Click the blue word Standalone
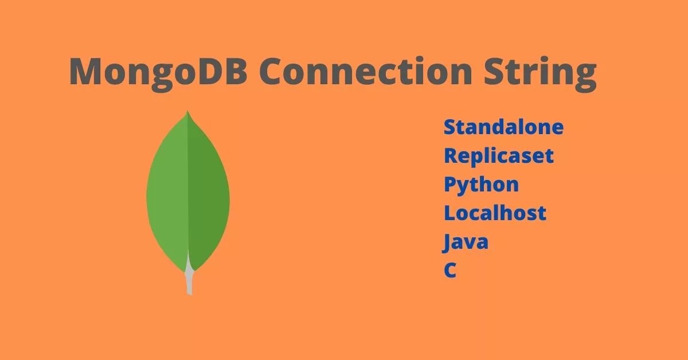[503, 127]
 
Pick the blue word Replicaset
[499, 155]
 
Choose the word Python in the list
[481, 185]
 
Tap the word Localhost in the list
[495, 213]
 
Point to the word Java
[466, 242]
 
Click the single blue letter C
[450, 271]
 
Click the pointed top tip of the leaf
[187, 112]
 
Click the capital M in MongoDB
[85, 72]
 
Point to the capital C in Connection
[273, 72]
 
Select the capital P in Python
[451, 185]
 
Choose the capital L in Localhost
[450, 213]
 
